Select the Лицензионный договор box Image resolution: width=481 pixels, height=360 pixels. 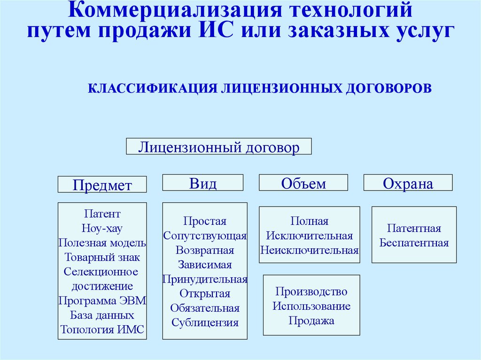tap(219, 146)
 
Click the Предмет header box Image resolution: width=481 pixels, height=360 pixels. tap(102, 184)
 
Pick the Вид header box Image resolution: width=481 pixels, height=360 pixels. tap(203, 183)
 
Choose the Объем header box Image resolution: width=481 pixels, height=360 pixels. tap(303, 183)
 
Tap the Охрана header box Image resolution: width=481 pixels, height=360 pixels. tap(408, 183)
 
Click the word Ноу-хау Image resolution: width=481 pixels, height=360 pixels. tap(102, 228)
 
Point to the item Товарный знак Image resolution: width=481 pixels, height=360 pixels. tap(102, 257)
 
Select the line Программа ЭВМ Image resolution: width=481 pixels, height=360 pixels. tap(102, 300)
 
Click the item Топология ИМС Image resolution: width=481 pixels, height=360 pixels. tap(102, 329)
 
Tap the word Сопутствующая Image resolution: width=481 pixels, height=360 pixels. tap(205, 236)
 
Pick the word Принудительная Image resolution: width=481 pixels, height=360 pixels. tap(205, 279)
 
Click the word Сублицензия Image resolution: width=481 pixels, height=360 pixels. tap(205, 322)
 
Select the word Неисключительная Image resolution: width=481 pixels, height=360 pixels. tap(310, 250)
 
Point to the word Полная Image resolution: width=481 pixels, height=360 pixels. tap(310, 221)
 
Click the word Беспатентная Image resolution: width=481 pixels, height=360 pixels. tap(414, 243)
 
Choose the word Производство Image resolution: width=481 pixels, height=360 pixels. tap(311, 291)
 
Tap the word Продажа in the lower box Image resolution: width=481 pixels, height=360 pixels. tap(311, 321)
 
